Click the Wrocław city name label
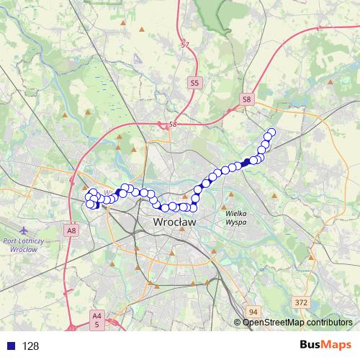(x=175, y=223)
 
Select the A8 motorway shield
(x=71, y=230)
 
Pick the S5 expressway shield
(x=194, y=84)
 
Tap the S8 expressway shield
(x=247, y=99)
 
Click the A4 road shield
(x=96, y=315)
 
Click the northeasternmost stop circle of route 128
(x=271, y=132)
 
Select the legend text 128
(x=30, y=346)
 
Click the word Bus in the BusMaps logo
(x=310, y=346)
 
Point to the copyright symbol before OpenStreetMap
(x=238, y=323)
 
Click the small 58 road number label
(x=172, y=125)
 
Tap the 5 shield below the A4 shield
(x=96, y=325)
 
